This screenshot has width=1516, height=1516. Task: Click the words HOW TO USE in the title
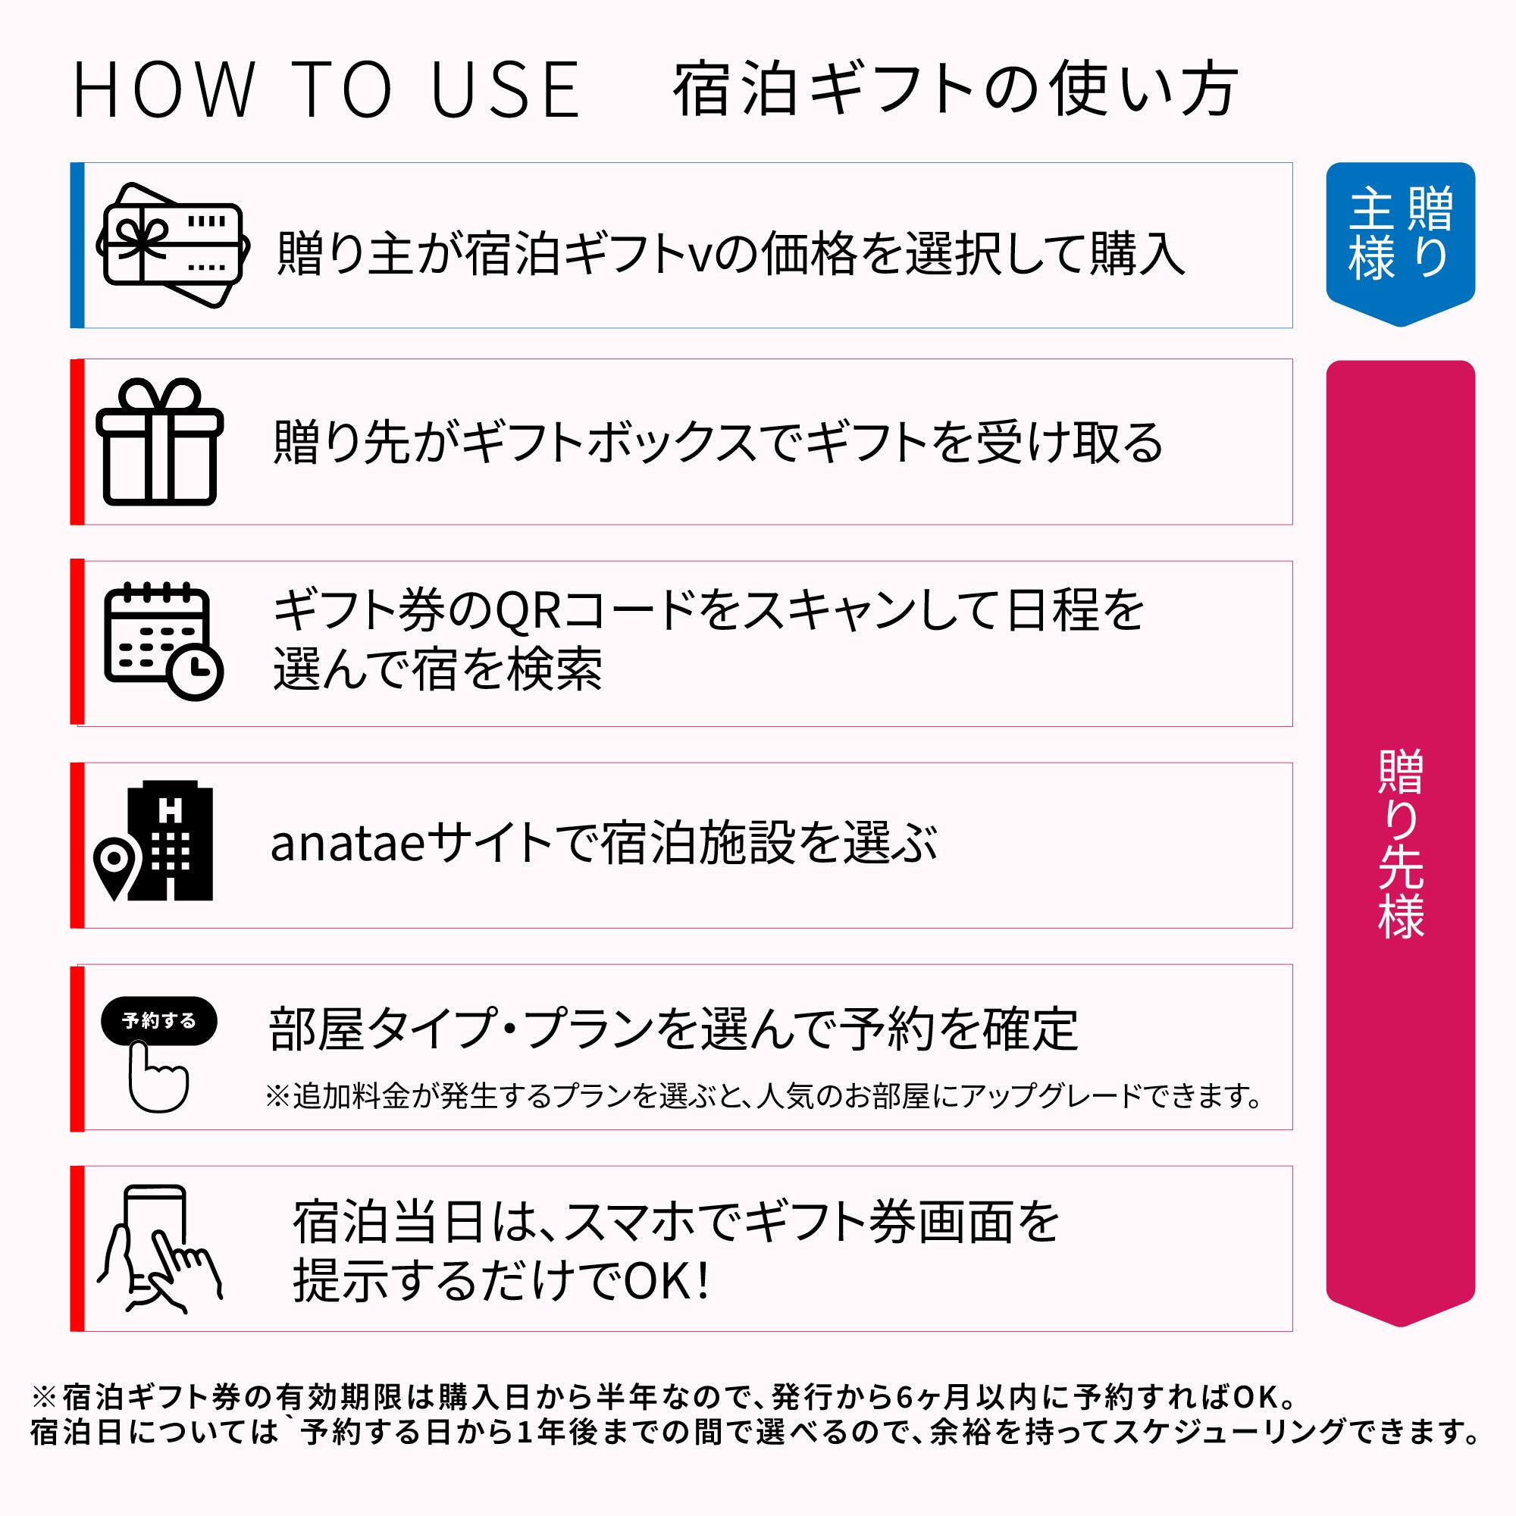coord(327,90)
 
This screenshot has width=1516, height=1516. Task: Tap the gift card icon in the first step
coord(174,245)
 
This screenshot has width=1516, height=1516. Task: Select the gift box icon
coord(159,441)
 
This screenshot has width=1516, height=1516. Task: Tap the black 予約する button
coord(159,1020)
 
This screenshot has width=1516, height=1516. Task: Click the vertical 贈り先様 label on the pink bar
coord(1401,844)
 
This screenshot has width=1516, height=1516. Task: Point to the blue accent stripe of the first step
coord(77,245)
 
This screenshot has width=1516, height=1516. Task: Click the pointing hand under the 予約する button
coord(158,1076)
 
